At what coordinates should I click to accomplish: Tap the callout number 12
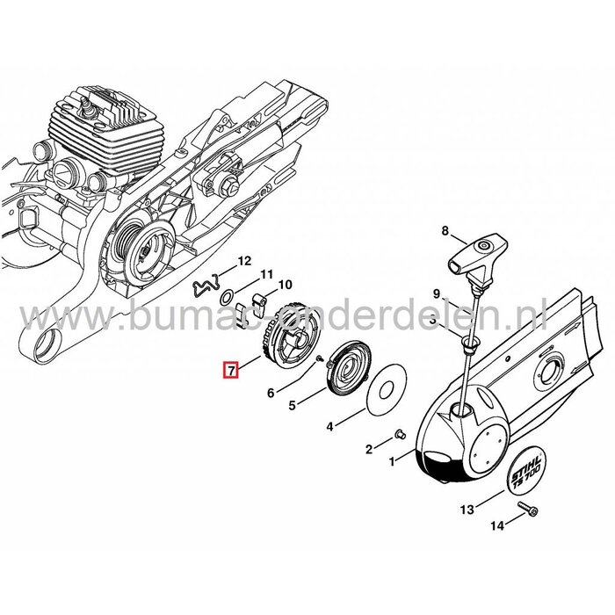(245, 260)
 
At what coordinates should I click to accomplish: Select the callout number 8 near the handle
(445, 233)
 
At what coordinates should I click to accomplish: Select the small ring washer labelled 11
(227, 299)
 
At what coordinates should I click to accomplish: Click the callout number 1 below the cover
(392, 459)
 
